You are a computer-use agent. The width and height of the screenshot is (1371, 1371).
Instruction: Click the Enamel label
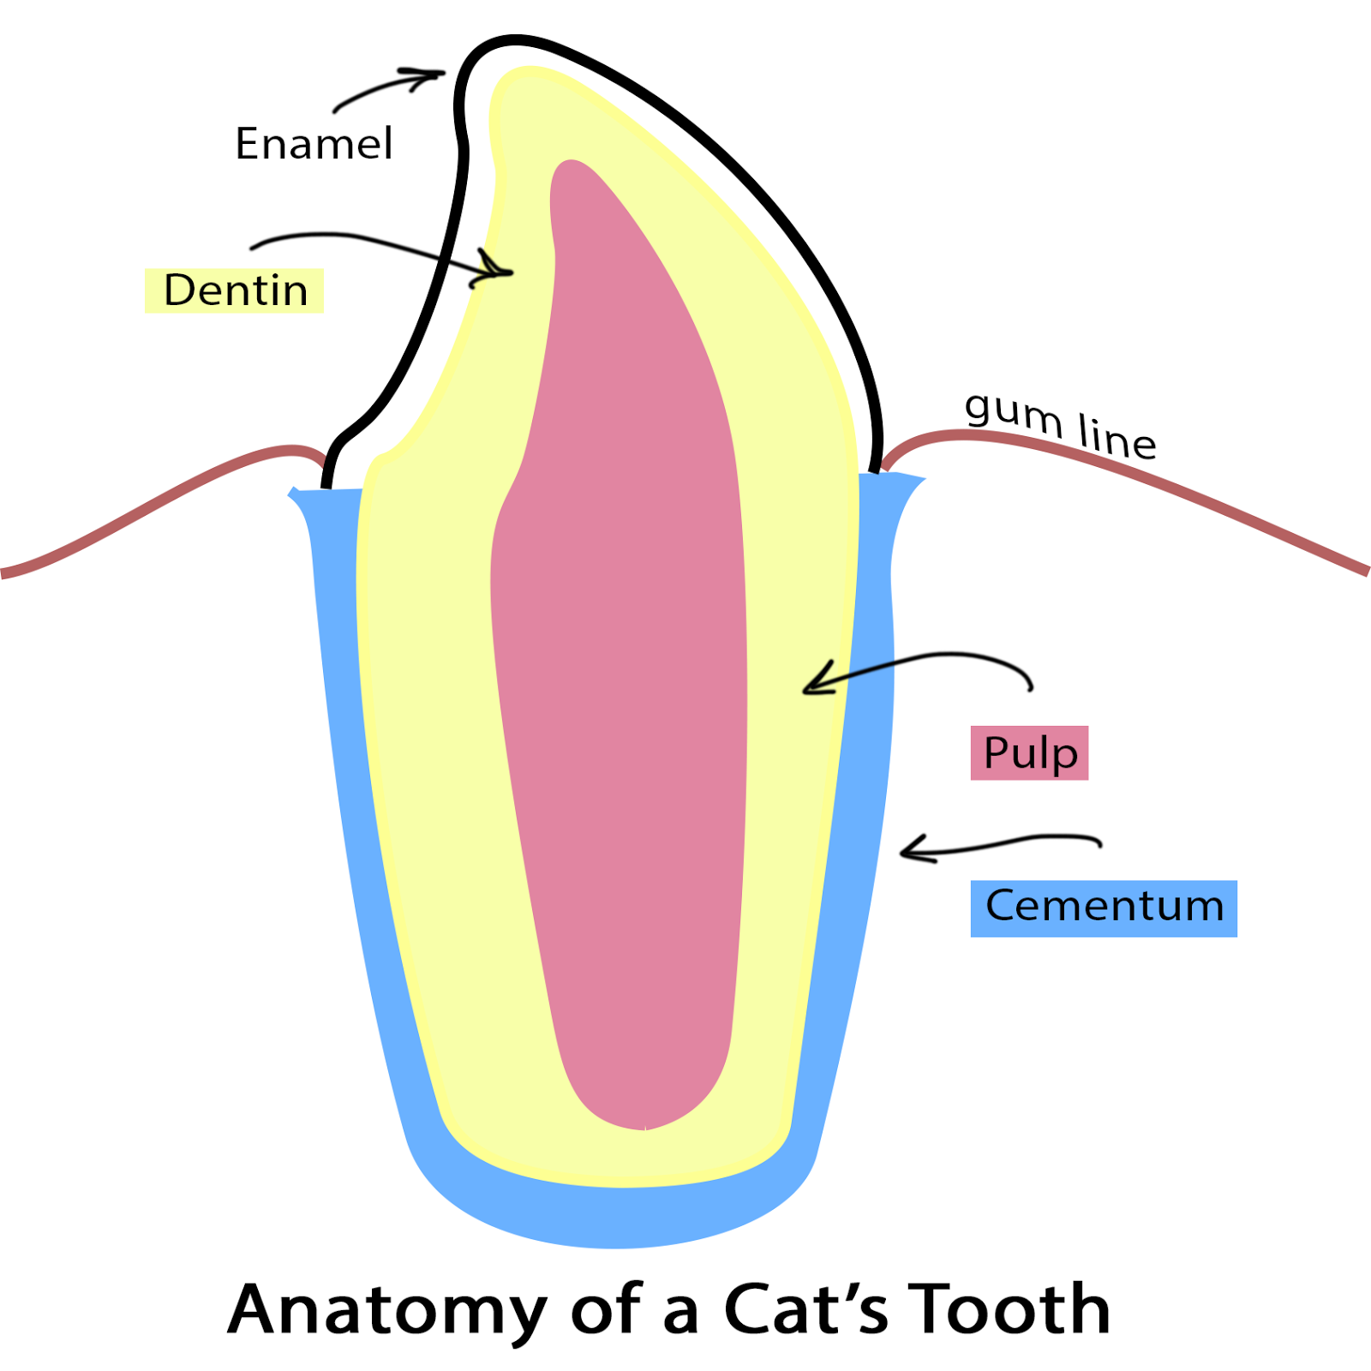click(x=314, y=143)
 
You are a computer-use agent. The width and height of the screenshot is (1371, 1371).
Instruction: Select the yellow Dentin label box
click(x=234, y=290)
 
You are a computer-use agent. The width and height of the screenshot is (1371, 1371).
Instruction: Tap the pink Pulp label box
click(x=1029, y=753)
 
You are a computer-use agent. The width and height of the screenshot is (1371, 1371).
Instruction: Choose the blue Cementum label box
click(x=1104, y=907)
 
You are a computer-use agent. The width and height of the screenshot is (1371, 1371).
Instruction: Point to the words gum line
click(x=1061, y=424)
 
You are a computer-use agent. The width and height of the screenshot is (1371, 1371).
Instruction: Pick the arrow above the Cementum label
click(x=998, y=845)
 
